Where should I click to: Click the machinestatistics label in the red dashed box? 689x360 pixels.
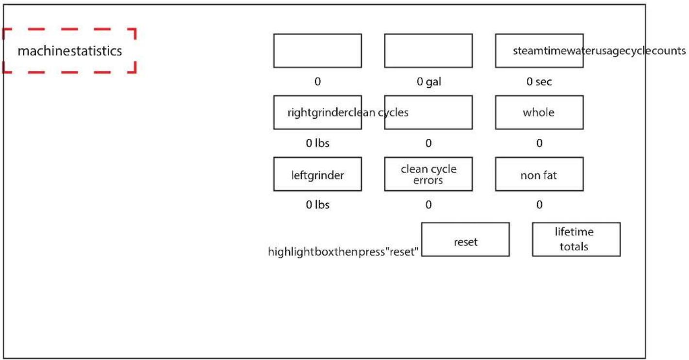[70, 51]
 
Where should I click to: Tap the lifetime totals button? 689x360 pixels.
[576, 239]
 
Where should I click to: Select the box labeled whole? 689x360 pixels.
[539, 112]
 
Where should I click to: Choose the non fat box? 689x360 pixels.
[539, 174]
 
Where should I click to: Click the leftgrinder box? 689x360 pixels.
[317, 174]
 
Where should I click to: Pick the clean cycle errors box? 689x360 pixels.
[428, 174]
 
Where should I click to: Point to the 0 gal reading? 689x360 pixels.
[429, 82]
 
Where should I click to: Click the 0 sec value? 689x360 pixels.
[539, 82]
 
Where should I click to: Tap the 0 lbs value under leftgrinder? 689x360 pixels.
[317, 205]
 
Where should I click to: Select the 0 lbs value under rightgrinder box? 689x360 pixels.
[317, 143]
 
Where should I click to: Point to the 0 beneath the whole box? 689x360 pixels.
[539, 143]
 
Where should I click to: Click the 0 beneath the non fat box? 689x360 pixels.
[539, 205]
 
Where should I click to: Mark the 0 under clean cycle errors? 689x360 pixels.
[428, 205]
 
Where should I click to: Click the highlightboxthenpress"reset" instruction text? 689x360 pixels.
[343, 252]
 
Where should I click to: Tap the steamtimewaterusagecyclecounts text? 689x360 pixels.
[599, 51]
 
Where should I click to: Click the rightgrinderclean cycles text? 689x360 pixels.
[348, 113]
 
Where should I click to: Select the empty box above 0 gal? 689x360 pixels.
[428, 51]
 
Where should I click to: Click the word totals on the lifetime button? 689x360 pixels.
[574, 246]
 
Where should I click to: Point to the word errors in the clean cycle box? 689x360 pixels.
[428, 180]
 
